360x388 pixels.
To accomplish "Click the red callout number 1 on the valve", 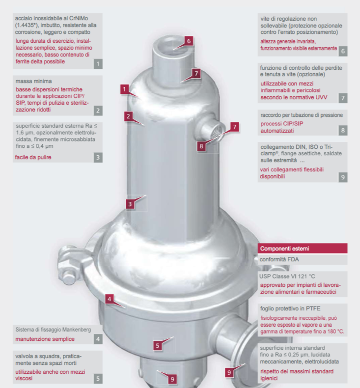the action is coord(124,89).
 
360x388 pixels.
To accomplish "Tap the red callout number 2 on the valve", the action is coord(128,116).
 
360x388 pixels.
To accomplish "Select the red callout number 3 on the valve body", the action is coord(130,204).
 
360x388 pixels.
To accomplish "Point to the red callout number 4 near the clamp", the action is coord(110,299).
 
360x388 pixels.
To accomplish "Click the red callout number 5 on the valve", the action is coord(158,346).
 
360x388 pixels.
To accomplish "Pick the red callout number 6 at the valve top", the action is coord(189,41).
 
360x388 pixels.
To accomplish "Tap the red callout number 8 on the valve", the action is coord(201,146).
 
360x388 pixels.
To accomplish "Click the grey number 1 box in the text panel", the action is coord(98,64).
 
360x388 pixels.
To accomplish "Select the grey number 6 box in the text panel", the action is coord(343,51).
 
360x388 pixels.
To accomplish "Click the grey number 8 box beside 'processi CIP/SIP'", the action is coord(343,131).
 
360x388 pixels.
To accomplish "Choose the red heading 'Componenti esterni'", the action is coord(284,249).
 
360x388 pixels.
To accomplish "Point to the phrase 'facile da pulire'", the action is coord(33,157).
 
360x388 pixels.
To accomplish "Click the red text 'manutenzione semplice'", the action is coord(45,339).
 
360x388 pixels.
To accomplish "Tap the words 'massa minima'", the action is coord(34,81).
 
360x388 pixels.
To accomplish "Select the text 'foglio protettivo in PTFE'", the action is coord(290,308).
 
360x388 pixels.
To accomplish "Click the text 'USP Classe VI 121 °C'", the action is coord(287,277).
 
